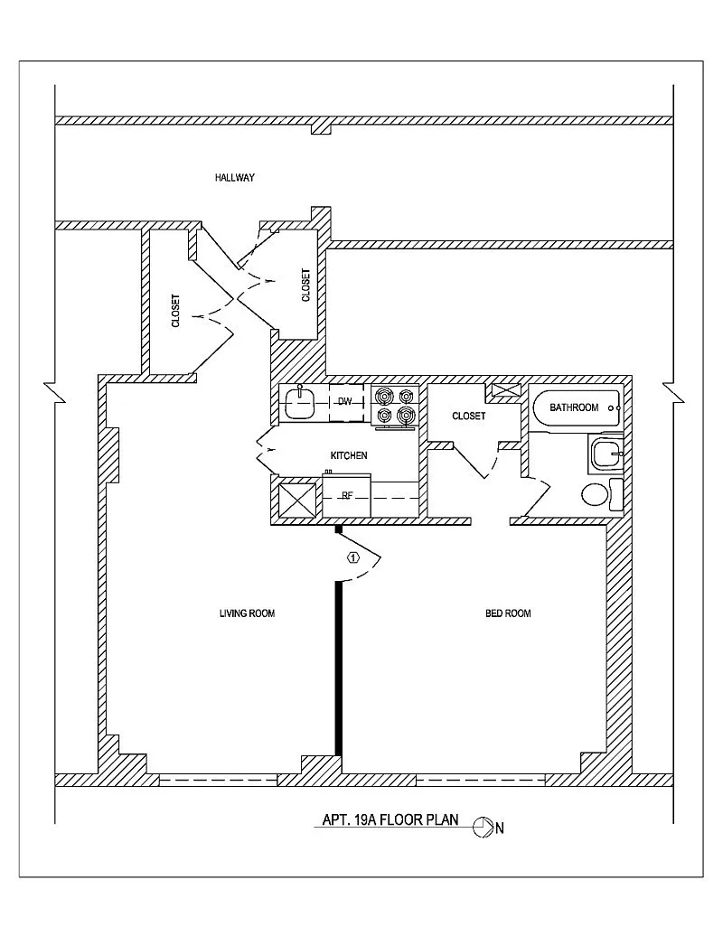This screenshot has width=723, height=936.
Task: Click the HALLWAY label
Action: click(235, 177)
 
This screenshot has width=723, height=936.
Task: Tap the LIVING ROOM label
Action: click(247, 613)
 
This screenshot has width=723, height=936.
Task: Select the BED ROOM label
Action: click(508, 613)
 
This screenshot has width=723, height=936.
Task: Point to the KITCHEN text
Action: click(349, 455)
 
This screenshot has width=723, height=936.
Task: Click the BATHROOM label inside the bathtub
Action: click(574, 407)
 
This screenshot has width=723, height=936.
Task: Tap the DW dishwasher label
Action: click(345, 402)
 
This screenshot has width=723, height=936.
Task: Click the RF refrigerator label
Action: click(346, 495)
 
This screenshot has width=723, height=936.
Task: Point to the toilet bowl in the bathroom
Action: click(595, 495)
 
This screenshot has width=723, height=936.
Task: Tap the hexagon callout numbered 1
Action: click(353, 557)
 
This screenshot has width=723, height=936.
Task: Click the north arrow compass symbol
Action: click(481, 828)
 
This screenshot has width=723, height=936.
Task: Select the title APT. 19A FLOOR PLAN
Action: click(390, 819)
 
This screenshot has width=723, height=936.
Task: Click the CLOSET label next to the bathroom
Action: click(469, 416)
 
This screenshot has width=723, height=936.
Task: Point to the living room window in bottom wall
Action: click(219, 780)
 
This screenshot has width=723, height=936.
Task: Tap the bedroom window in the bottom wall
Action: click(481, 780)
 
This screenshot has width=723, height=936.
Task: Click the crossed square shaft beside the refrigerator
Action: click(297, 500)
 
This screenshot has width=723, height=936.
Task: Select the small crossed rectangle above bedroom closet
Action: click(505, 390)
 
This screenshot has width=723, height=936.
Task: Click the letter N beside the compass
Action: click(499, 828)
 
